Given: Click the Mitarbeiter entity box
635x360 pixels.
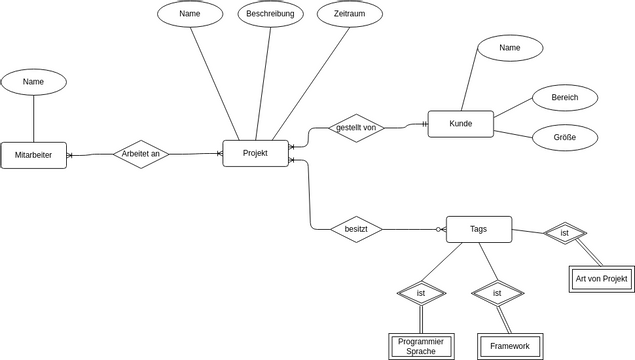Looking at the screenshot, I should click(x=33, y=155).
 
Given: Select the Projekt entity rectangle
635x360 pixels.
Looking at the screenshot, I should click(x=255, y=153).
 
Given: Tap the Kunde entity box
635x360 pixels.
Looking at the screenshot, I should click(x=460, y=124).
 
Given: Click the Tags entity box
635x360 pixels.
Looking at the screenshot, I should click(x=478, y=229).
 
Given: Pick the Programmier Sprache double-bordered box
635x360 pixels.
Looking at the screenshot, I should click(x=421, y=346).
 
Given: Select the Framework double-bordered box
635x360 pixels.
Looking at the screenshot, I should click(x=509, y=346).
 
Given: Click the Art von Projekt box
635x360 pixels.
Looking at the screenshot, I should click(x=601, y=278).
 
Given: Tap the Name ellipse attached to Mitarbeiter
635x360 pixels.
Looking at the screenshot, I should click(x=33, y=82).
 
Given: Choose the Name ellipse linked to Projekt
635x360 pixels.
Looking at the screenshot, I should click(x=190, y=14).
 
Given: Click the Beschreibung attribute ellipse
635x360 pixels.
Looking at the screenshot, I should click(x=270, y=14).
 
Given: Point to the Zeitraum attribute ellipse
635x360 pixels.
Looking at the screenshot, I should click(x=350, y=14).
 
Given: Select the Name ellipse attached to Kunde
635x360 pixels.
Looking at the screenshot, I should click(x=510, y=48).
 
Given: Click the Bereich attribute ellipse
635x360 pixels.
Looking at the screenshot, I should click(x=565, y=98).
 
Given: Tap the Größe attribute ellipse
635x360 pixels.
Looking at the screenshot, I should click(x=565, y=137).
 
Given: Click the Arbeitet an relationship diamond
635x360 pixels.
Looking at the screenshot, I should click(x=140, y=154).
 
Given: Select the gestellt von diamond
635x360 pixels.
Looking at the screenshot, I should click(x=356, y=128).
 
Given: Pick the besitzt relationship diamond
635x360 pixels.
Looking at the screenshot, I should click(x=356, y=229).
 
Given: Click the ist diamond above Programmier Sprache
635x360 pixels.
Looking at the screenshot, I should click(x=421, y=293).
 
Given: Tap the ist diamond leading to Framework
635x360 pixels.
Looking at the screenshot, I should click(x=497, y=293).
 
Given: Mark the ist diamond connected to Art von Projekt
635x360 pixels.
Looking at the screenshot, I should click(x=565, y=233).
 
